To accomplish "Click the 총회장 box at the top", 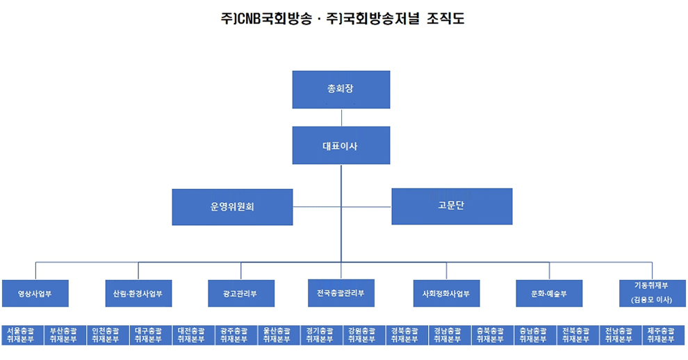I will pos(341,89).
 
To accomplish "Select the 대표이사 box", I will pos(341,146).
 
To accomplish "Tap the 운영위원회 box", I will pos(232,206).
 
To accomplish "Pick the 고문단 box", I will pos(452,206).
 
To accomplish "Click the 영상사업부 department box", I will pos(35,293).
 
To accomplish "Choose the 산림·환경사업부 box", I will pos(138,293).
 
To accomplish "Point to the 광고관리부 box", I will pos(240,293).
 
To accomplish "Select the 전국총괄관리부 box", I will pos(341,293).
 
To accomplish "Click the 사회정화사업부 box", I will pos(446,293).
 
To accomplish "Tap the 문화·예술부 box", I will pos(549,293).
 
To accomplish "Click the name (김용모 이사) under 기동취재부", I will pos(652,300).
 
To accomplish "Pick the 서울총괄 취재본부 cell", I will pos(22,335).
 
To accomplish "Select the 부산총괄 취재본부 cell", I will pos(65,335).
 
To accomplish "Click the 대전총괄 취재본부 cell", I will pos(193,335).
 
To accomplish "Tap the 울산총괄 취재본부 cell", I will pos(278,335).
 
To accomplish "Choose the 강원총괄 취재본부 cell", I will pos(363,335).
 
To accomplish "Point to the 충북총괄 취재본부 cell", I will pos(491,335).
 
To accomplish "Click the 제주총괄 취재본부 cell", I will pos(662,335).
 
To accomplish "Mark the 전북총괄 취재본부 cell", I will pos(577,335).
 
